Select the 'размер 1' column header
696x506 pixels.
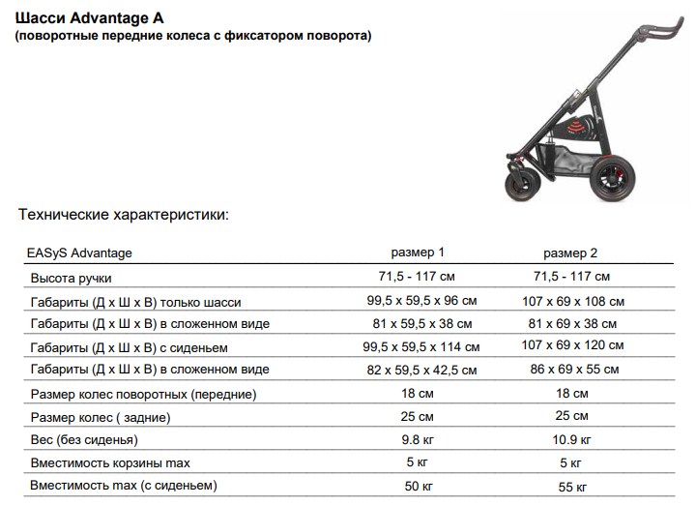point(417,253)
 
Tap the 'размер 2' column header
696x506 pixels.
point(570,253)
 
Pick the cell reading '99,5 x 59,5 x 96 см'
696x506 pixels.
point(417,301)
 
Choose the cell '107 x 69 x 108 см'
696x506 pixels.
point(572,302)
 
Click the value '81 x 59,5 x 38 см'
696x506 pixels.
point(417,323)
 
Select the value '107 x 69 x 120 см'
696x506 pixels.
point(572,346)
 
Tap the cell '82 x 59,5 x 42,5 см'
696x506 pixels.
point(417,370)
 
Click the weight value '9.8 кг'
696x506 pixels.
point(417,438)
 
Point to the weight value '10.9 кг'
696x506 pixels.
point(572,439)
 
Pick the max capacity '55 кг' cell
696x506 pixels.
point(572,485)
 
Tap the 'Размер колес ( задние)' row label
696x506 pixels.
point(101,417)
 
